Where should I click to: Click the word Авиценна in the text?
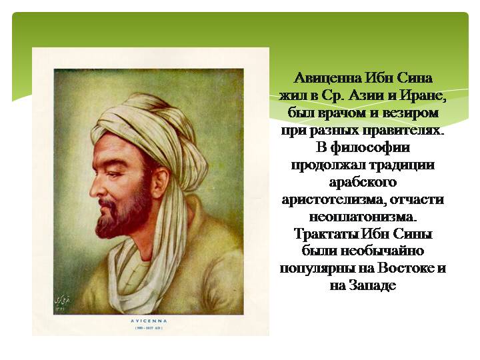(327, 79)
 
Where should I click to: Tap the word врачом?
(341, 113)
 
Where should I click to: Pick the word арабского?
(363, 183)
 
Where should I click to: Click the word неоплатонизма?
(363, 217)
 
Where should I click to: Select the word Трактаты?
(326, 234)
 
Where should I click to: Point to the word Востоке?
(405, 269)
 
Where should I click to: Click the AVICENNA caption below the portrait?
(149, 321)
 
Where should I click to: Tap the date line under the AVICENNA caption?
(149, 328)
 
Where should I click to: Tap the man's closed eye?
(113, 175)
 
